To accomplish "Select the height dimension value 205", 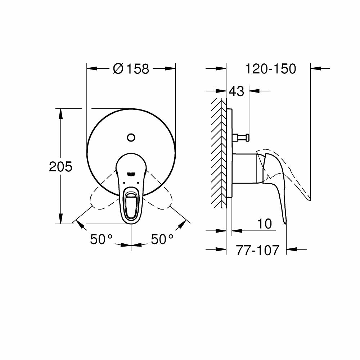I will [60, 167].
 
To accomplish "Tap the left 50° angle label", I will [101, 239].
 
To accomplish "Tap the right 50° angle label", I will [162, 239].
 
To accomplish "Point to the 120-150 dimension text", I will [270, 68].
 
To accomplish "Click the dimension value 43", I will [237, 91].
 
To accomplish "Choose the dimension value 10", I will [265, 224].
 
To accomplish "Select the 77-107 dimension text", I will [257, 250].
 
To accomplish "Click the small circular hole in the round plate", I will [131, 137].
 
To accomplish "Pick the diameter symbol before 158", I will [118, 68].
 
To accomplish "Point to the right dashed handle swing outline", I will [160, 198].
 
